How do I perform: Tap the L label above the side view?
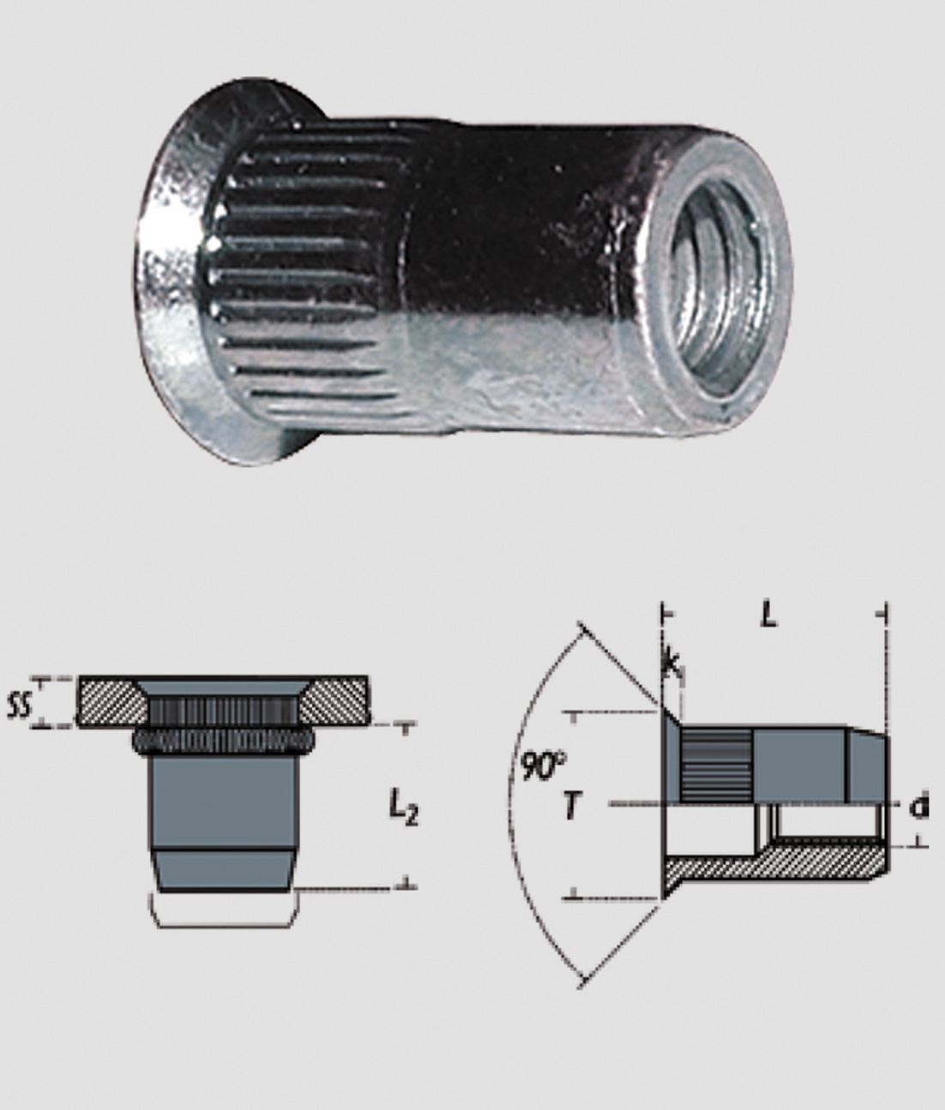tap(769, 616)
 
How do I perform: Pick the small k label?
tap(671, 663)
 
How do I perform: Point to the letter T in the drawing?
tap(572, 806)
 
